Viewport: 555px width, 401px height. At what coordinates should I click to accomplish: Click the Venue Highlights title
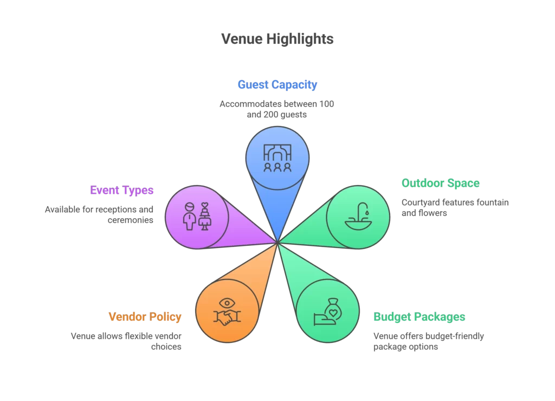pyautogui.click(x=277, y=39)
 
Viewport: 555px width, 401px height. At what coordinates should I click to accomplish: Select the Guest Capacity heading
pyautogui.click(x=277, y=85)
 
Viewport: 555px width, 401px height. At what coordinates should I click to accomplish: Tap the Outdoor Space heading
pyautogui.click(x=440, y=183)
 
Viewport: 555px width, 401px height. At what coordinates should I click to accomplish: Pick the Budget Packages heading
pyautogui.click(x=419, y=317)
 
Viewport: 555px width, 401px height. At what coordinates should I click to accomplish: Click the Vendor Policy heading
pyautogui.click(x=145, y=317)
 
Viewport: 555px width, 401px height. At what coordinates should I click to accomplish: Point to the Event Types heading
pyautogui.click(x=121, y=190)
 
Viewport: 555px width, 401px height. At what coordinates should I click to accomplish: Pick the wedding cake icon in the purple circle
pyautogui.click(x=205, y=217)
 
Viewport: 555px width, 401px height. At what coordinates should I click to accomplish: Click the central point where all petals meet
pyautogui.click(x=277, y=243)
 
